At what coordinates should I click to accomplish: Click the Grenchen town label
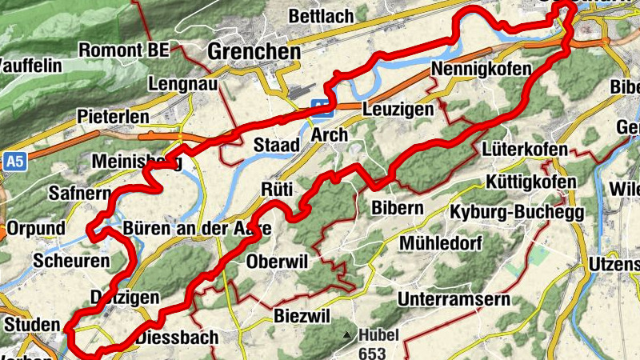pos(254,52)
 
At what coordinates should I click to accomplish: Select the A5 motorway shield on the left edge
pos(14,161)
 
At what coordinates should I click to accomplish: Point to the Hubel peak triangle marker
pos(346,334)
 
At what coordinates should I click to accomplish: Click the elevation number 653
pos(373,352)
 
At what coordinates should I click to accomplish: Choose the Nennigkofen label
pos(481,70)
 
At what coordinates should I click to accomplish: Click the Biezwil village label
pos(302,314)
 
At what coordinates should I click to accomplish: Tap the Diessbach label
pos(177,338)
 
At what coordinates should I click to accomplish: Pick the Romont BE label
pos(124,50)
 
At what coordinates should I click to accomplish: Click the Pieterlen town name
pos(114,117)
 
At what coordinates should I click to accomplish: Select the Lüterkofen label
pos(526,150)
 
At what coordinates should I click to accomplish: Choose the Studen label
pos(32,325)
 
